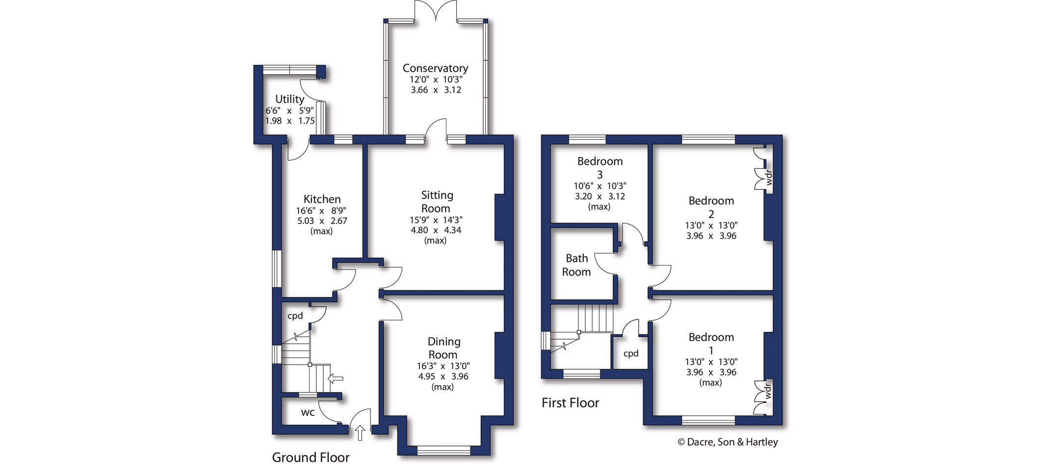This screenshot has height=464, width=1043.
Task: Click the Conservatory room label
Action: click(435, 68)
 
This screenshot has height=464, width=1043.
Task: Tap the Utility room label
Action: click(289, 99)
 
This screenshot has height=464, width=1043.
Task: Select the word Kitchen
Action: click(322, 199)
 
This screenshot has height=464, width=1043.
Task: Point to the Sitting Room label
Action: click(436, 202)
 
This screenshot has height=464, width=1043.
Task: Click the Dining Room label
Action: click(443, 348)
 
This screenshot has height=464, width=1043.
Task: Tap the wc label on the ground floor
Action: click(308, 413)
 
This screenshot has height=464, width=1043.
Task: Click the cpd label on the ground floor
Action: click(295, 316)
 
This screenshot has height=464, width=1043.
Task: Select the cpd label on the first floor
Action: click(631, 354)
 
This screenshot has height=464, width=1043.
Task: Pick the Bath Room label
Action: click(576, 265)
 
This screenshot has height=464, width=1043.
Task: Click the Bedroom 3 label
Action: click(600, 167)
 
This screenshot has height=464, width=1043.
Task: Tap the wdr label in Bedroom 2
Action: click(769, 177)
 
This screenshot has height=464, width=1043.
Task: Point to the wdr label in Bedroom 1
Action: click(768, 392)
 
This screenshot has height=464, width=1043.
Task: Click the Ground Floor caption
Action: click(311, 457)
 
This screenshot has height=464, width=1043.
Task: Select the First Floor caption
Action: click(570, 403)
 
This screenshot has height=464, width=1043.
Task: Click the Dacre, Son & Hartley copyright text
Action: click(728, 442)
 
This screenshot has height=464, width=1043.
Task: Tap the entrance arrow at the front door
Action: click(360, 433)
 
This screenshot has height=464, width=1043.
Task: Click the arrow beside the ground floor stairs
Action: click(336, 379)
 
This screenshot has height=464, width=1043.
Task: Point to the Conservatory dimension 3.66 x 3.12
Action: click(436, 90)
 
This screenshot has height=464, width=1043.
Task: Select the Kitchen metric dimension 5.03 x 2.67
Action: click(322, 221)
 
